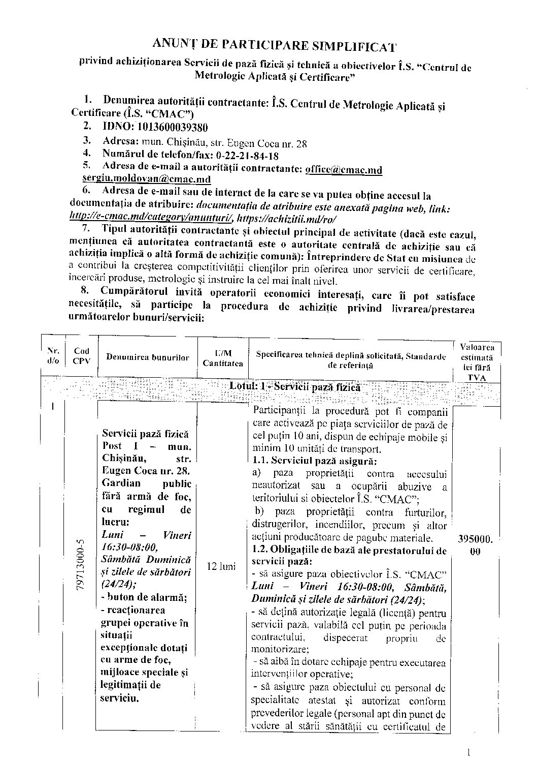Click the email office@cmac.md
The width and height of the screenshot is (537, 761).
[x=344, y=169]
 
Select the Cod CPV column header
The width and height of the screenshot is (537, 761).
[x=81, y=356]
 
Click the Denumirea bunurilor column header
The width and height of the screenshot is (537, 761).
[x=147, y=357]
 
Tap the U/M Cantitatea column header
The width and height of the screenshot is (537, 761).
[x=223, y=358]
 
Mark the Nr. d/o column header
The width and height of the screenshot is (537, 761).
[x=53, y=355]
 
